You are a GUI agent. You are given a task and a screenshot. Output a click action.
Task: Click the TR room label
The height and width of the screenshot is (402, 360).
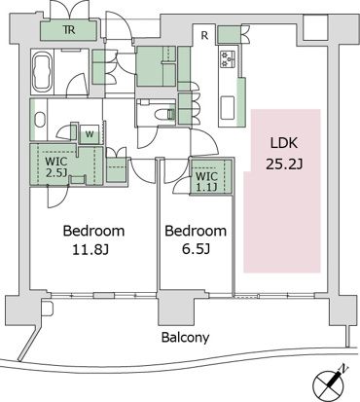69,30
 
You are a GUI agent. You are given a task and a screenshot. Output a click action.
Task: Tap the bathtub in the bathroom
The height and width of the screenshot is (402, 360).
43,72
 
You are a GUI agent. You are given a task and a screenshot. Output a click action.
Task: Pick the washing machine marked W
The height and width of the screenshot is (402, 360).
90,133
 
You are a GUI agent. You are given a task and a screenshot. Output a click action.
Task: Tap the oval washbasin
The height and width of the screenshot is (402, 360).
40,120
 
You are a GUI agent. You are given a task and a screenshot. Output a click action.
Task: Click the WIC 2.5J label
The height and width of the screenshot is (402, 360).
56,166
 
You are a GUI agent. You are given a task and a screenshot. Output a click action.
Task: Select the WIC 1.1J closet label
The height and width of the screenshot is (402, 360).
207,181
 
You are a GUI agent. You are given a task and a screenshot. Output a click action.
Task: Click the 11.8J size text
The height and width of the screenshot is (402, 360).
90,250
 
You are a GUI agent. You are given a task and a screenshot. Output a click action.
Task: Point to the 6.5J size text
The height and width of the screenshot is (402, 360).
196,249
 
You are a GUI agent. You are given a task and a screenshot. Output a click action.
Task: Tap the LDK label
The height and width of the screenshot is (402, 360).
284,143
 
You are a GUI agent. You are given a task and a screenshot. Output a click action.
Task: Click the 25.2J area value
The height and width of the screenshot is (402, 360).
284,164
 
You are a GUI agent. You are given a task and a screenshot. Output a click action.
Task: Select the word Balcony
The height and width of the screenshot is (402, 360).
185,338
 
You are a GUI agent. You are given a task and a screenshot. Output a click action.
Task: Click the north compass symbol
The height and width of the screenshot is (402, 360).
329,382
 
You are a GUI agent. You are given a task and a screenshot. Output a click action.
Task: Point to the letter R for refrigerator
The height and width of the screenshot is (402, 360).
204,35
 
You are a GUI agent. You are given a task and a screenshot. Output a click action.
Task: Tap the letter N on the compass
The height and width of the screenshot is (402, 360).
343,369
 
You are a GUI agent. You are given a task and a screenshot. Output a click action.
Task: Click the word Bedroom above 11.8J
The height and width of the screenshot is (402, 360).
93,231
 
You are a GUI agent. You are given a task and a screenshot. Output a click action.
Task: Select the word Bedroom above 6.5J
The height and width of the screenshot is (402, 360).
196,231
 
